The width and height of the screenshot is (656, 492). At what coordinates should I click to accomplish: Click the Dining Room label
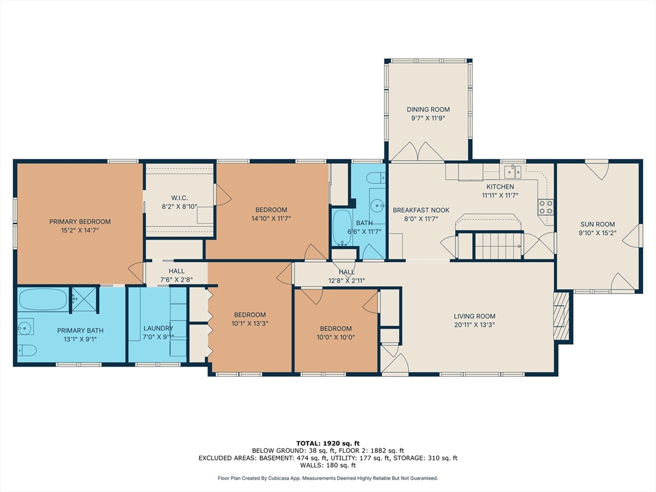point(428,110)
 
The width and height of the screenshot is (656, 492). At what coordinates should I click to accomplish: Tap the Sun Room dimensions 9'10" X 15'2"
point(598,233)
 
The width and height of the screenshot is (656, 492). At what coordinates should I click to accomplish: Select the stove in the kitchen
point(546,207)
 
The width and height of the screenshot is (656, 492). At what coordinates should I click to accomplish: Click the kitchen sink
point(512,171)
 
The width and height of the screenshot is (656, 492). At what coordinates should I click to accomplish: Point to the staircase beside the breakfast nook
point(498,246)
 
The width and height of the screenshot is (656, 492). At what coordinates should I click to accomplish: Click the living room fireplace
point(561,316)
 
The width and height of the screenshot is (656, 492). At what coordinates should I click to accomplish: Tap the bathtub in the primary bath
point(42,300)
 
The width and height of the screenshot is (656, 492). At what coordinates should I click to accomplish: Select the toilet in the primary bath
point(27,350)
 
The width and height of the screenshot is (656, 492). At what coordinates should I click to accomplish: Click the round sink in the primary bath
point(25,327)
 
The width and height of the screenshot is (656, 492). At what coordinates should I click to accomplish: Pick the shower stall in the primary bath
point(84,300)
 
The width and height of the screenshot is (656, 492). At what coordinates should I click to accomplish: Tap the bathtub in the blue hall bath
point(342,227)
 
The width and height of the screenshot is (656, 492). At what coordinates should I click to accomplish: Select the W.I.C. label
point(179,198)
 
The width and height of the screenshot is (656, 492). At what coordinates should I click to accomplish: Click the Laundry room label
point(158,329)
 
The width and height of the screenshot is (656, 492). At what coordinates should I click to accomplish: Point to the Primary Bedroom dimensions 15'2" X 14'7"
point(80,230)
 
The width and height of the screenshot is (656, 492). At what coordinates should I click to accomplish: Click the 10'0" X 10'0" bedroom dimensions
point(336,337)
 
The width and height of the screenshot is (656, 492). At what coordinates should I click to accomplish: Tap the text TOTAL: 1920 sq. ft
point(328,443)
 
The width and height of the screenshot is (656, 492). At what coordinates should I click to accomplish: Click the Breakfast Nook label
point(421,210)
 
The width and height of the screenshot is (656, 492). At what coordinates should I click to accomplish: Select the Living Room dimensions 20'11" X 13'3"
point(475,325)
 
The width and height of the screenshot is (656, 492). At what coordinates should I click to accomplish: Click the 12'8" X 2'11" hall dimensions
point(347,281)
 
